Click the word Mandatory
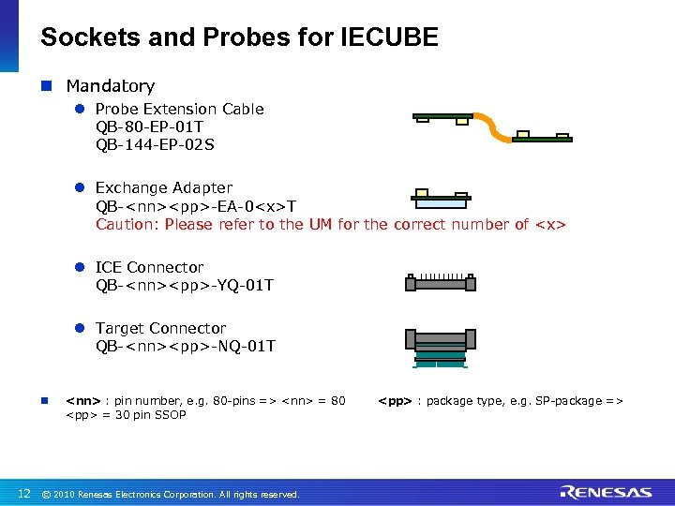[110, 86]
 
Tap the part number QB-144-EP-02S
[155, 145]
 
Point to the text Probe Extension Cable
[180, 109]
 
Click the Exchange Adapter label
[164, 187]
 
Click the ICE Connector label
[149, 267]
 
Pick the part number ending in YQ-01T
[185, 285]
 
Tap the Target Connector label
[160, 328]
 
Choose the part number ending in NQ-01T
[186, 346]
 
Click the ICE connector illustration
[440, 282]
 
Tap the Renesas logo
[606, 492]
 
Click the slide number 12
[24, 493]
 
